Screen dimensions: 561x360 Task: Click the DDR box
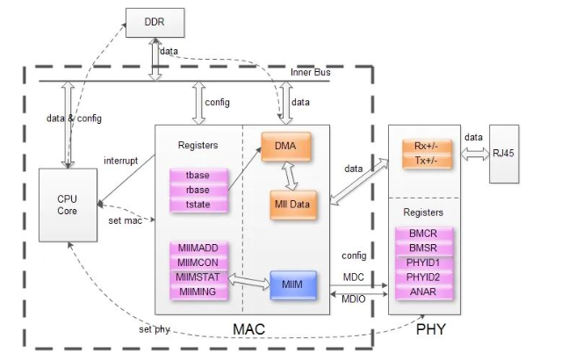coord(155,23)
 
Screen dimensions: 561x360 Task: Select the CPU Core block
coord(68,205)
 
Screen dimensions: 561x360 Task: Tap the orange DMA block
coord(286,147)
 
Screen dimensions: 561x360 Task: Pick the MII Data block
coord(293,205)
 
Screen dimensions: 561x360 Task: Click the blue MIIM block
coord(293,284)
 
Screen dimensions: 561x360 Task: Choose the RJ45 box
coord(504,154)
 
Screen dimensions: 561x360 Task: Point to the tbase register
coord(198,176)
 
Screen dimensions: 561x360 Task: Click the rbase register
coord(198,190)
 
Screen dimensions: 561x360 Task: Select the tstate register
coord(198,205)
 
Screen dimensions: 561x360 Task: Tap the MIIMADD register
coord(198,248)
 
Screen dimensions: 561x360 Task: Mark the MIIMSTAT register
coord(198,277)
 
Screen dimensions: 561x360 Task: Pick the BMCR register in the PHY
coord(424,234)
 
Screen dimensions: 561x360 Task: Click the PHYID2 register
coord(424,277)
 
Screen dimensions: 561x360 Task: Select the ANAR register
coord(424,292)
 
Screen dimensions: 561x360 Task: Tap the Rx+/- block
coord(427,147)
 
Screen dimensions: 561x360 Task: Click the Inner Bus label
coord(310,72)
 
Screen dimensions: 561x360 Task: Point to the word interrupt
coord(120,161)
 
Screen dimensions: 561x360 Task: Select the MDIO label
coord(354,299)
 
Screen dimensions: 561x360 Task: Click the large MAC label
coord(249,329)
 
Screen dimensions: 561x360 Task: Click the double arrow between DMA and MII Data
coord(290,176)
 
